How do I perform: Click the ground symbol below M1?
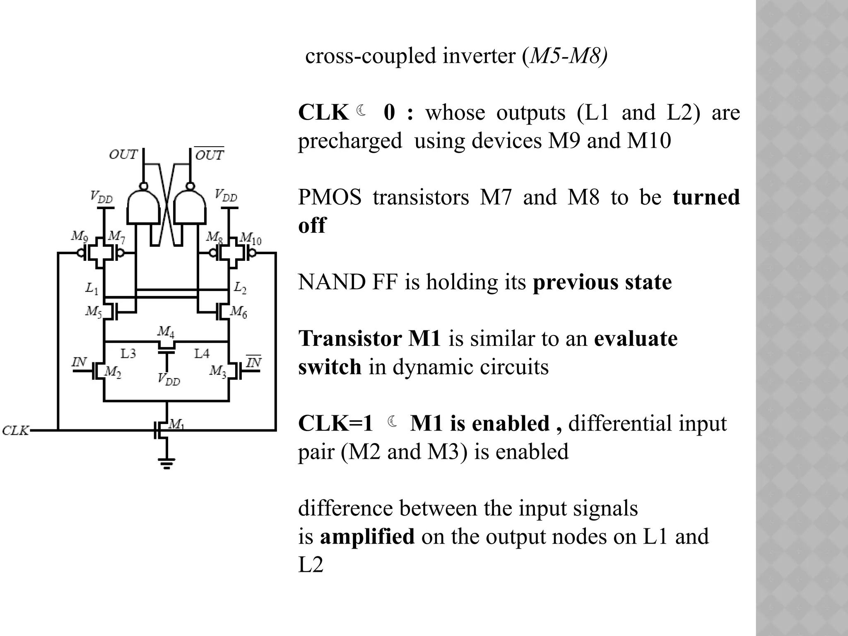coord(166,463)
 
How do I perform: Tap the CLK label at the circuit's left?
coord(15,431)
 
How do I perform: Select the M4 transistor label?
coord(166,331)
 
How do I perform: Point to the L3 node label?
coord(128,353)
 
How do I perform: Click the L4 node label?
coord(202,353)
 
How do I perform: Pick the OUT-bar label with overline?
coord(210,154)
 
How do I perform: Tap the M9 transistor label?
coord(79,236)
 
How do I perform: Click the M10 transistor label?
coord(251,238)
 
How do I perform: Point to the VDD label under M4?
coord(169,378)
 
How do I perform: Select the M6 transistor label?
coord(238,311)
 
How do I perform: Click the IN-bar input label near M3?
coord(253,363)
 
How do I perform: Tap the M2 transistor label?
coord(113,372)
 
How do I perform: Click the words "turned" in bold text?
coord(706,197)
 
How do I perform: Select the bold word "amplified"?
coord(367,536)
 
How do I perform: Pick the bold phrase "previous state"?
coord(602,282)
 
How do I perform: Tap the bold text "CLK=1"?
coord(335,424)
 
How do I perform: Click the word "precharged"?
coord(350,141)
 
